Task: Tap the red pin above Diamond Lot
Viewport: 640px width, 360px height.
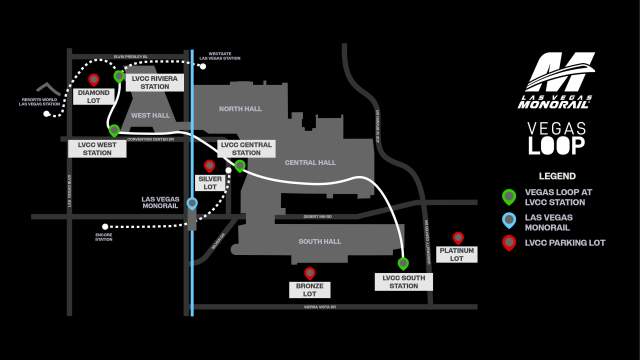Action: click(x=94, y=79)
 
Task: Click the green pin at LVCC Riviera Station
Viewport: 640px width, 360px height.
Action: click(x=119, y=76)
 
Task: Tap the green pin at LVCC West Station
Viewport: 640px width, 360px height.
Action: click(x=114, y=130)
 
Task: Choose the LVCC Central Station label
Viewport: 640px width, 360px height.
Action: click(x=245, y=148)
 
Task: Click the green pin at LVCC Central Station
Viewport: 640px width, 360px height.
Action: click(x=240, y=166)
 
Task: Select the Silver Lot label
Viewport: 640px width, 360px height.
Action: click(x=209, y=182)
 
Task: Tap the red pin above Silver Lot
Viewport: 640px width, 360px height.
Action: click(x=209, y=165)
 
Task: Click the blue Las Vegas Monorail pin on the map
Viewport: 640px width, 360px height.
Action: click(x=192, y=203)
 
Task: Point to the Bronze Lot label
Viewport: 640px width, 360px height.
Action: click(x=310, y=290)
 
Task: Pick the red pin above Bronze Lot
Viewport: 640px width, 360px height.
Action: click(x=310, y=272)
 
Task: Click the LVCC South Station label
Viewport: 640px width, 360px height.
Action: click(x=403, y=281)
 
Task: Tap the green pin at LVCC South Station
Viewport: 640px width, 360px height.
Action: click(x=403, y=263)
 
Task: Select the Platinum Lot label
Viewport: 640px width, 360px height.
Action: click(x=457, y=255)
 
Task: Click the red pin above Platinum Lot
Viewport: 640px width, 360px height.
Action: click(x=458, y=237)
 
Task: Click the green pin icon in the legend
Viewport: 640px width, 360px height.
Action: click(x=509, y=196)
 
